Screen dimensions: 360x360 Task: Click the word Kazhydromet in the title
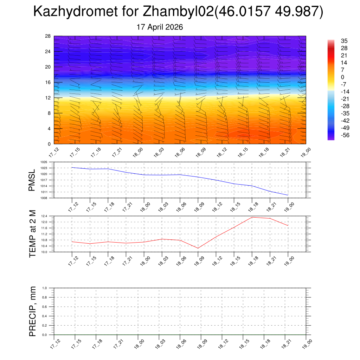point(76,11)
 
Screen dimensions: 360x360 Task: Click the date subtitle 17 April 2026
point(160,27)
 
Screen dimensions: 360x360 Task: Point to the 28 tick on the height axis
point(48,36)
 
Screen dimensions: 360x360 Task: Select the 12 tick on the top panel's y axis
point(48,98)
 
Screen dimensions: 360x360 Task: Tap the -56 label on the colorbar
point(345,135)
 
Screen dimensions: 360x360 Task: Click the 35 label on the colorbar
point(344,41)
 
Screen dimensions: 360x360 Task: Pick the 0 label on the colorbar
point(342,77)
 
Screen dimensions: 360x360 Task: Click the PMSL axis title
point(32,180)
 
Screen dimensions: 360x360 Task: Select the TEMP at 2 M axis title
point(33,234)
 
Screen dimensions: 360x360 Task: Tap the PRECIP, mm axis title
point(33,311)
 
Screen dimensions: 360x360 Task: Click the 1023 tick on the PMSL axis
point(44,168)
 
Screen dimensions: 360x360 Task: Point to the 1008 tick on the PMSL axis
point(44,198)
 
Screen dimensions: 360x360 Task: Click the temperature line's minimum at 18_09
point(198,248)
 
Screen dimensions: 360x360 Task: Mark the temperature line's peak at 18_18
point(252,217)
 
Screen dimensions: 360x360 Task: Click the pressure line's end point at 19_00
point(288,195)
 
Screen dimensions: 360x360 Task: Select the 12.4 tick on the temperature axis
point(44,216)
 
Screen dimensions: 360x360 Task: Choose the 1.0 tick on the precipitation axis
point(45,288)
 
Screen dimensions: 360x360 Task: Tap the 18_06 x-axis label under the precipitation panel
point(181,344)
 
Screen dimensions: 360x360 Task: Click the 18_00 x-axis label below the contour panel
point(138,153)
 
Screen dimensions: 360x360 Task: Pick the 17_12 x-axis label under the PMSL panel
point(73,207)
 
